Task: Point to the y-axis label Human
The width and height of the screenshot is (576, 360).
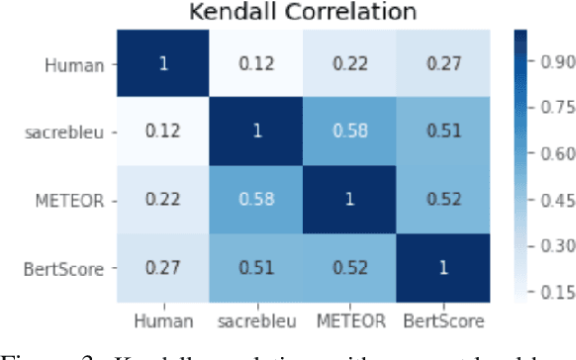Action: (80, 64)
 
